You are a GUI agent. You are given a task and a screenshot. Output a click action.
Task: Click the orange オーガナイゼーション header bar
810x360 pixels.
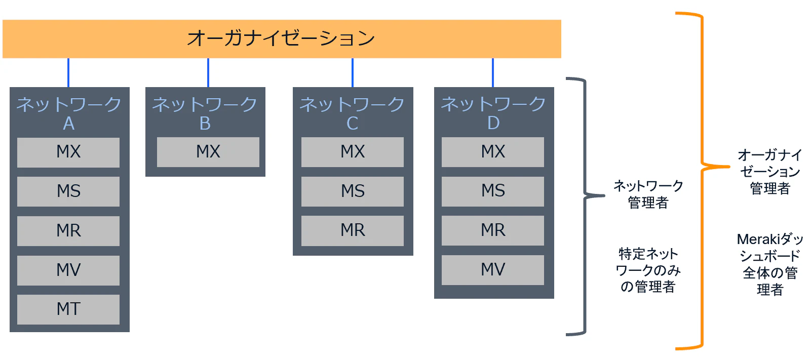pos(282,39)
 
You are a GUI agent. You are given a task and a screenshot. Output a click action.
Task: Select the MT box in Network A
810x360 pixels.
pos(68,309)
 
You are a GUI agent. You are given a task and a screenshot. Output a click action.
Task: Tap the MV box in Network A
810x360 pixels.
pos(68,270)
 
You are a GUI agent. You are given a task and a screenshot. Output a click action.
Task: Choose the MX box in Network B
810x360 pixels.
pos(208,152)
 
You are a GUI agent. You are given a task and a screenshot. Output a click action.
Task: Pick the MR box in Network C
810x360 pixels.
pos(353,230)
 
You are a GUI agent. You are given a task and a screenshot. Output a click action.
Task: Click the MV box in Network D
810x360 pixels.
pos(492,270)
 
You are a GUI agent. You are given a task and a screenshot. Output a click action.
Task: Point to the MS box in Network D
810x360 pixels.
pos(492,191)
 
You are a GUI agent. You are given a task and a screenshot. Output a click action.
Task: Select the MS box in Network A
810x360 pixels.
pos(68,191)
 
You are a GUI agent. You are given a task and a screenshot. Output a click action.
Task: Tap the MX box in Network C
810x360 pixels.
pos(353,152)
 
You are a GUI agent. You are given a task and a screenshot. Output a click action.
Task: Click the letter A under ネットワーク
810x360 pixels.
pos(69,124)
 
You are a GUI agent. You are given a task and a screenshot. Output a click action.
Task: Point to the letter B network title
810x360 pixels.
pos(205,124)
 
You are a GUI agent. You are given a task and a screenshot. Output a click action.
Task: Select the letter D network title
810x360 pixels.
pos(493,123)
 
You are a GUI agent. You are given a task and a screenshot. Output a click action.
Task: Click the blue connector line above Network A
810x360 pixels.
pos(68,72)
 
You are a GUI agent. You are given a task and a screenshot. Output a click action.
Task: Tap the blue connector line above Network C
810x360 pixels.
pos(353,72)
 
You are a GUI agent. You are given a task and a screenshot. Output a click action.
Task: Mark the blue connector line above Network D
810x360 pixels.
pos(493,72)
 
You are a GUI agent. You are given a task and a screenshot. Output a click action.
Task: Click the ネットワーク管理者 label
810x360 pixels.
pos(648,194)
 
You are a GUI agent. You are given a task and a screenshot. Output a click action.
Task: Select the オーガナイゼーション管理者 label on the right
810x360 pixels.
pos(770,172)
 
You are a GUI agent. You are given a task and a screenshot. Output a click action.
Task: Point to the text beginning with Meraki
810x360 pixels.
pos(770,264)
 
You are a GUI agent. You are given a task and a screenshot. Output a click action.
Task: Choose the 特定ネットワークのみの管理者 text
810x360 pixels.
pos(648,270)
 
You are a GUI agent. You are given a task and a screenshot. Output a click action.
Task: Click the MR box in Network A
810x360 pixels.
pos(68,231)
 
